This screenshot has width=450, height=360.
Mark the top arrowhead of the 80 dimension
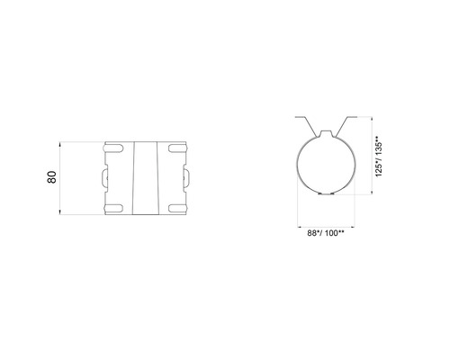coord(61,142)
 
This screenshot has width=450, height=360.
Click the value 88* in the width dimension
coord(310,232)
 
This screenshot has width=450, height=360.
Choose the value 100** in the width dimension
coord(334,232)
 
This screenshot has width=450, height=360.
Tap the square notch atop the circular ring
coord(326,135)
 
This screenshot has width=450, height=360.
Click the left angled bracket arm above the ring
coord(307,124)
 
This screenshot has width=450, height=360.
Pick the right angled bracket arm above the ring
coord(345,124)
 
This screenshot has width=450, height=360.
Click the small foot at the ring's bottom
coord(326,192)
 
